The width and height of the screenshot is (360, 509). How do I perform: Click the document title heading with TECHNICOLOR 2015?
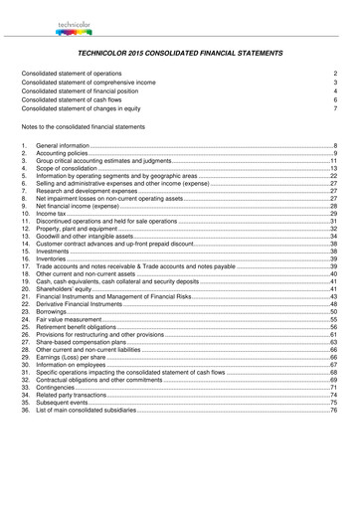click(x=179, y=53)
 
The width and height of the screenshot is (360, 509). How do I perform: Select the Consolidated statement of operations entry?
click(x=86, y=74)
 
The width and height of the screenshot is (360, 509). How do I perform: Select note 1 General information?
click(x=69, y=146)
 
